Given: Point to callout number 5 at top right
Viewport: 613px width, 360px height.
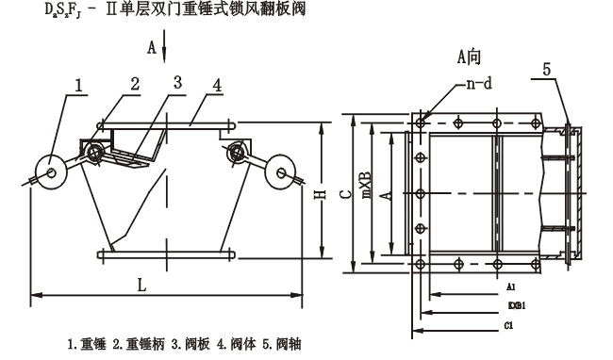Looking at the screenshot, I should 548,69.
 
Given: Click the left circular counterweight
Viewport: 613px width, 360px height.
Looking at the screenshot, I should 45,171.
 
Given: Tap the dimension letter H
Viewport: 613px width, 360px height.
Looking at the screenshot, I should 319,193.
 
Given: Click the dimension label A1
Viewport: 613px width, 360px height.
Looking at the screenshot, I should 509,286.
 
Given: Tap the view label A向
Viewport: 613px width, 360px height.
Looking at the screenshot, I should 470,57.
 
